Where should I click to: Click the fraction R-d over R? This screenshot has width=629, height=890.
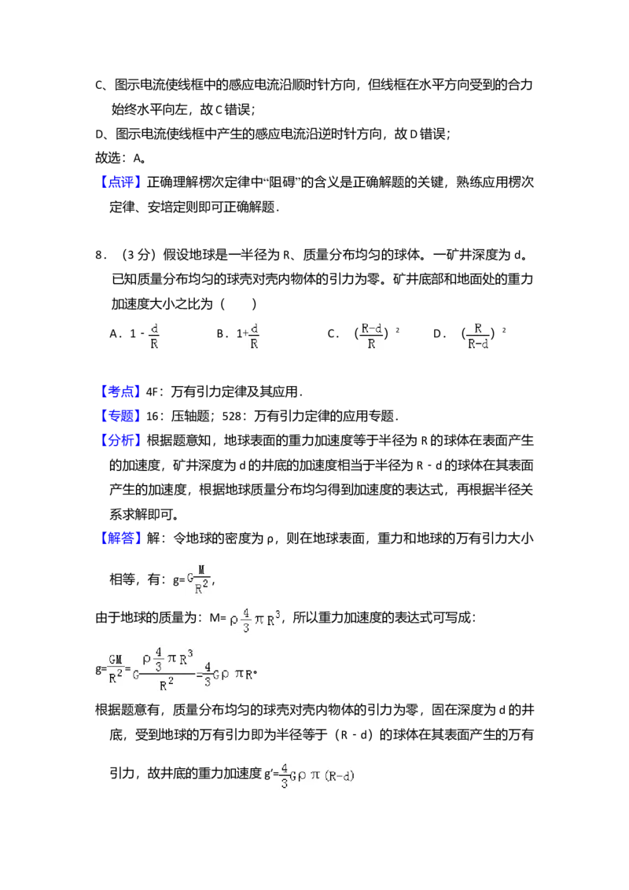point(371,336)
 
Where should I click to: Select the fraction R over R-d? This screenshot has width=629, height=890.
point(477,336)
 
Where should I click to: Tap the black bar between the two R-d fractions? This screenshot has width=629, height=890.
point(424,337)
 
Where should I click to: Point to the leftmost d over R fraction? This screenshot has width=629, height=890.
point(154,336)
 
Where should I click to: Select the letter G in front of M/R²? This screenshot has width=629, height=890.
point(189,579)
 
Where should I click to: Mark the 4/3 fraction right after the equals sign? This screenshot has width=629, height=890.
point(207,674)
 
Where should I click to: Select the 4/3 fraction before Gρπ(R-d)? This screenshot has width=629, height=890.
point(284,774)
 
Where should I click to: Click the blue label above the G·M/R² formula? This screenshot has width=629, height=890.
point(122,539)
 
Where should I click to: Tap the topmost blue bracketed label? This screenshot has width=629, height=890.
point(122,182)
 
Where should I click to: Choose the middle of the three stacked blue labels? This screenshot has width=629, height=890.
point(122,416)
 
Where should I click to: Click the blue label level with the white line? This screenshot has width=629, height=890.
point(122,392)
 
